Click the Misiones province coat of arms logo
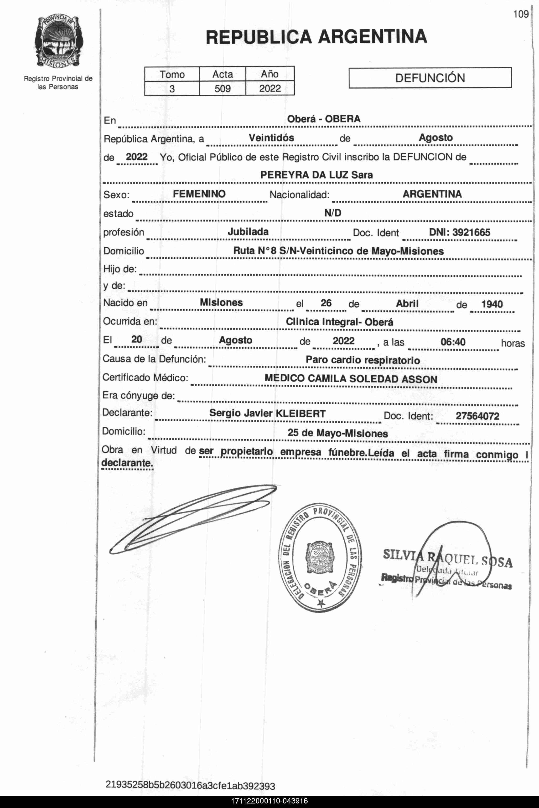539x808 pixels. coord(58,42)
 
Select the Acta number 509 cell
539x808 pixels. coord(223,89)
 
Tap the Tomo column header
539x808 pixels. coord(172,74)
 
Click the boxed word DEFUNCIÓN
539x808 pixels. coord(430,78)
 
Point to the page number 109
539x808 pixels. coord(520,14)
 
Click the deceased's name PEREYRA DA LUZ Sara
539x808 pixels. coord(316,175)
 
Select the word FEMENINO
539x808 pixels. coord(199,194)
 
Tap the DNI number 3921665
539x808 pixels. coord(471,232)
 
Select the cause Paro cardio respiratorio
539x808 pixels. coord(363,360)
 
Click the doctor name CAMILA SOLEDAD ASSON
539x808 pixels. coord(372,379)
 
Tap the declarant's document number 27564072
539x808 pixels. coord(477,416)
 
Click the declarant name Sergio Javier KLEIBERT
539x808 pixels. coord(267,413)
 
